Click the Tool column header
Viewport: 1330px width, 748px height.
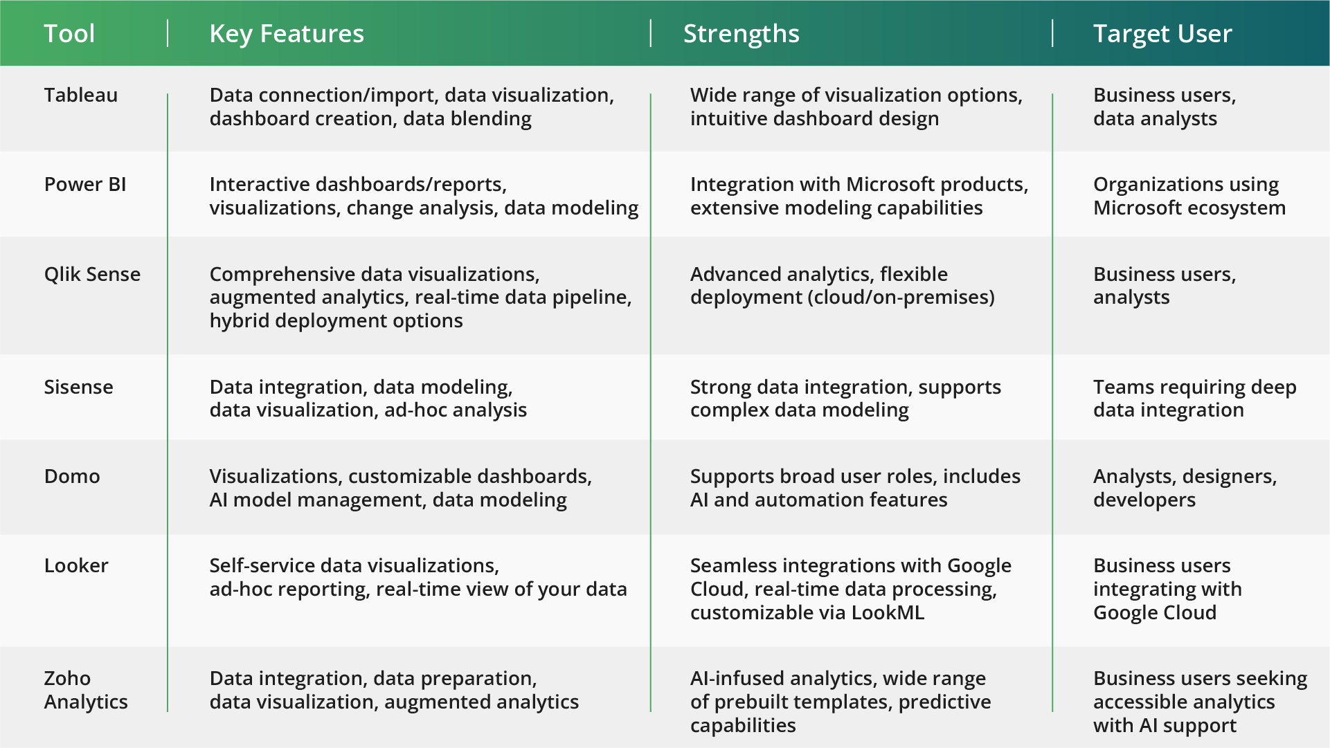[69, 34]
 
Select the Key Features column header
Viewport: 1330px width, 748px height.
[287, 34]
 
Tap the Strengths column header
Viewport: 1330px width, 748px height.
[742, 34]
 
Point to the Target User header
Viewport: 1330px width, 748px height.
[1162, 34]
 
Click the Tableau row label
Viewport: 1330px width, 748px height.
[81, 95]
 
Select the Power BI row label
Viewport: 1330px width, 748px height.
[85, 184]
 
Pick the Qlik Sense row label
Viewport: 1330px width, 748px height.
[92, 274]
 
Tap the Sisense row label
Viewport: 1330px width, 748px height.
[78, 387]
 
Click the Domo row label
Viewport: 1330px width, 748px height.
[72, 476]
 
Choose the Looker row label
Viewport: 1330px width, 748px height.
[76, 565]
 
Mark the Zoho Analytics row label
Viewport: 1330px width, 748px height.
[86, 690]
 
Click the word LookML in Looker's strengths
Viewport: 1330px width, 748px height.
[888, 612]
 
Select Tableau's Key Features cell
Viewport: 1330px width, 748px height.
[412, 107]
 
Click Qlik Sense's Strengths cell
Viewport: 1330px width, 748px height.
[843, 286]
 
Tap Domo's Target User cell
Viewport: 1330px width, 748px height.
[1185, 488]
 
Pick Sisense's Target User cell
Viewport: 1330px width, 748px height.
[1195, 399]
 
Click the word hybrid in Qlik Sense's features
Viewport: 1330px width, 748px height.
[240, 320]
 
